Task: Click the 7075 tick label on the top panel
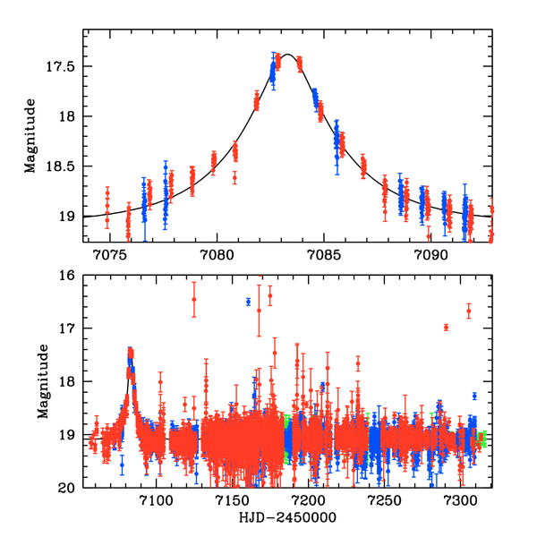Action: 110,255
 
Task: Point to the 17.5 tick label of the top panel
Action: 68,67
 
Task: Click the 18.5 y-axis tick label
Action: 68,166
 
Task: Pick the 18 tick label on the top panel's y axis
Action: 73,116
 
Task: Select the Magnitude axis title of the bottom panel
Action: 42,382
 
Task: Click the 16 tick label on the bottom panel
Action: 72,276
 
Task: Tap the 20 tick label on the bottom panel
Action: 72,488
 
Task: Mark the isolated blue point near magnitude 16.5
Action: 248,302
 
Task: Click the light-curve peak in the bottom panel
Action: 130,351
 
